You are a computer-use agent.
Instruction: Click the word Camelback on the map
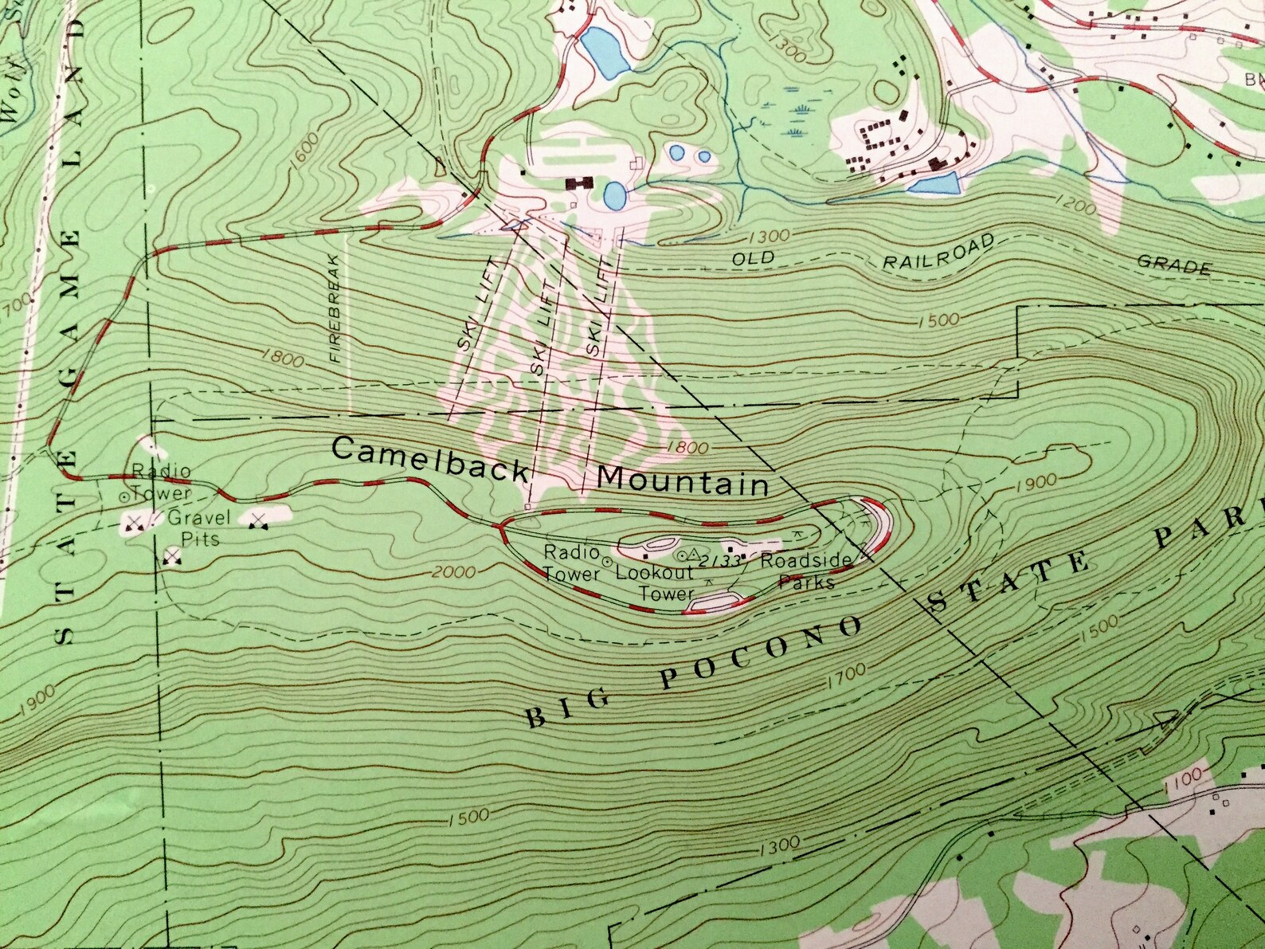coord(429,459)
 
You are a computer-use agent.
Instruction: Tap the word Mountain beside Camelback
coord(683,480)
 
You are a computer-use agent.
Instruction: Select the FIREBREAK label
coord(335,308)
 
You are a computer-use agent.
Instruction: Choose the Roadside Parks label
coord(805,571)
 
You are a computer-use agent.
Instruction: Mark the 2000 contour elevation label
coord(456,572)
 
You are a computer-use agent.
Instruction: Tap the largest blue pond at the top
coord(607,53)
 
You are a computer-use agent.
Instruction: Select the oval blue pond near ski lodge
coord(614,194)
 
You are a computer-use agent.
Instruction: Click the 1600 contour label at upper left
coord(306,148)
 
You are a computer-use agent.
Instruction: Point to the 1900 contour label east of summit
coord(1036,480)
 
